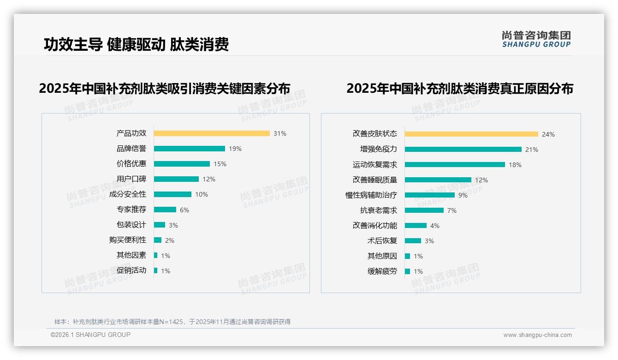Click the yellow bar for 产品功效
pyautogui.click(x=212, y=133)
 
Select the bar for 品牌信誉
pyautogui.click(x=189, y=149)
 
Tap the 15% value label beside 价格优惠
pyautogui.click(x=220, y=164)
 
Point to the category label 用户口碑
pyautogui.click(x=131, y=179)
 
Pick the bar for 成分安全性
pyautogui.click(x=172, y=194)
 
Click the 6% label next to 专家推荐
pyautogui.click(x=184, y=210)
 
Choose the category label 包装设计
pyautogui.click(x=131, y=225)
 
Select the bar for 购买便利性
pyautogui.click(x=158, y=240)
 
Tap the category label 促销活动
pyautogui.click(x=131, y=270)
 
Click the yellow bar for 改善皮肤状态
pyautogui.click(x=471, y=134)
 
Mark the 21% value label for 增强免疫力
pyautogui.click(x=532, y=150)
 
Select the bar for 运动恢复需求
pyautogui.click(x=455, y=165)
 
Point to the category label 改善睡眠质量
pyautogui.click(x=374, y=180)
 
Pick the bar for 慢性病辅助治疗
pyautogui.click(x=429, y=195)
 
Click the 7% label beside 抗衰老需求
pyautogui.click(x=452, y=210)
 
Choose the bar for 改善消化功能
pyautogui.click(x=416, y=226)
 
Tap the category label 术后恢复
pyautogui.click(x=382, y=241)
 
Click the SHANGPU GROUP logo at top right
pyautogui.click(x=536, y=39)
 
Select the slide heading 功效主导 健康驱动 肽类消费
pyautogui.click(x=136, y=44)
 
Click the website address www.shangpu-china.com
pyautogui.click(x=537, y=335)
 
